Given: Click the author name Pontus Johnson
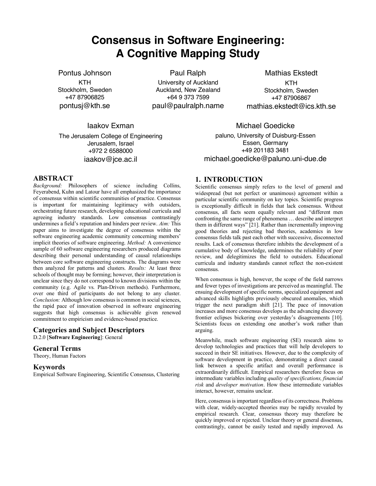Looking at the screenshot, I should [85, 73].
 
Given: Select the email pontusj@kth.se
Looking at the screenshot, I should [85, 106].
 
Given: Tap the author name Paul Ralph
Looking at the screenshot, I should [188, 73].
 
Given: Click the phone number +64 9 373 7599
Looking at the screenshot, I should [188, 97].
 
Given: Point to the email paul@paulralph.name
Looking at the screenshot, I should [188, 106].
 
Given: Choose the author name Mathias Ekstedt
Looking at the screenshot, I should [291, 73].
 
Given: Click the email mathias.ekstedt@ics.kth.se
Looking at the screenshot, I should [291, 106].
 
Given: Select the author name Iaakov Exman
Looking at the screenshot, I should [111, 126].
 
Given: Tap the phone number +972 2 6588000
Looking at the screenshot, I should [111, 151].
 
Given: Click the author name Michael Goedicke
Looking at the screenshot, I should [265, 126].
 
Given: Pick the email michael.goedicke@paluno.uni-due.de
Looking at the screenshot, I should [265, 159].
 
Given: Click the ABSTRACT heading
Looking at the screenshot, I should [53, 178].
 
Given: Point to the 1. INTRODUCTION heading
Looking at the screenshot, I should [229, 179].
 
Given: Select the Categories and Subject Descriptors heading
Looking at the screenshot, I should [89, 330].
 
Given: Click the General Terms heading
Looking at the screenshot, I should [57, 348].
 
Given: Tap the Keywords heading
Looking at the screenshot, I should [49, 367].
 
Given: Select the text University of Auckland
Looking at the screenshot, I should [188, 82].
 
